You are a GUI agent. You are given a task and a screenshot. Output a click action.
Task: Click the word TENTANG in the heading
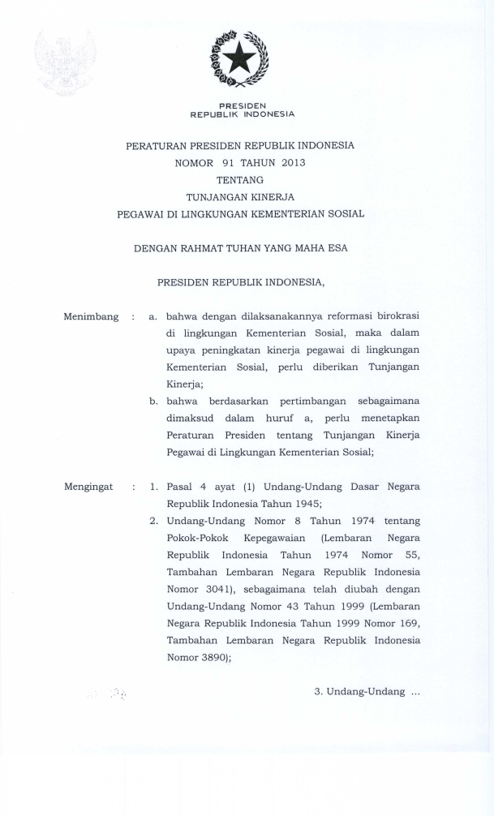pos(240,179)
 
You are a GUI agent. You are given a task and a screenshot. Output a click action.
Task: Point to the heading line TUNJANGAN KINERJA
pos(240,196)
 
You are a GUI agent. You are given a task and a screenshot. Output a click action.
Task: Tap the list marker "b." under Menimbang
pos(153,402)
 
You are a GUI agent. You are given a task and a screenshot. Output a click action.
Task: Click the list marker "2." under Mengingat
pos(153,521)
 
